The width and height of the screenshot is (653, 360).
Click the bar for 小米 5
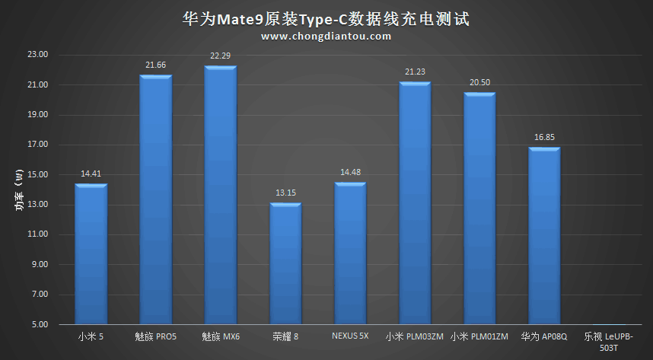(91, 255)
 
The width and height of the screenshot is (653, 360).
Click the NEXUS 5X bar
(350, 254)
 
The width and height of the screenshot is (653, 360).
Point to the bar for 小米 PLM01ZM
(479, 209)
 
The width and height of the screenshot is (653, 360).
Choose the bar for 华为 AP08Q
(544, 236)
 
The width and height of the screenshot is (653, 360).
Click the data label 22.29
(221, 56)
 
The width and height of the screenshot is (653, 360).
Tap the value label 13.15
(285, 193)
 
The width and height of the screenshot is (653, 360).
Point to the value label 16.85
(544, 138)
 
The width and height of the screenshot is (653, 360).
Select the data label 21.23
(415, 72)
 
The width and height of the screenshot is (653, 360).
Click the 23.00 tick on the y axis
(37, 55)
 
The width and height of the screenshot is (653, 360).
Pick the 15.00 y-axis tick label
(37, 174)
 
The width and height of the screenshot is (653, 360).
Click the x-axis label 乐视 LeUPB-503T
(608, 341)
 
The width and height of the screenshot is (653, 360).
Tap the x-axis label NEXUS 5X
(350, 335)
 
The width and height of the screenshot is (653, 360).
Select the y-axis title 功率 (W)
(19, 190)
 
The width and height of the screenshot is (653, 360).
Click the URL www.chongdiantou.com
(326, 36)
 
